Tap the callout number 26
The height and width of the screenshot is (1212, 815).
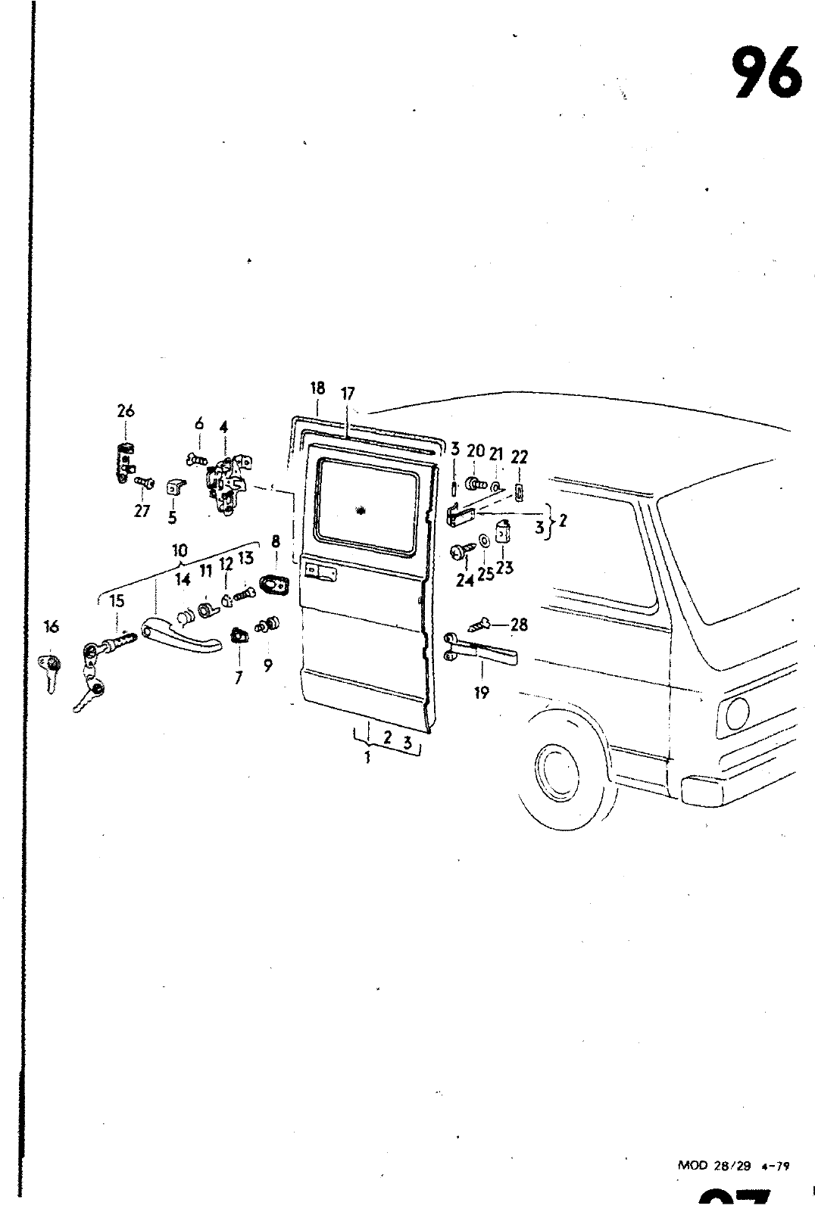point(125,411)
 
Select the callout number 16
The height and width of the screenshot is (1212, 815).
point(52,626)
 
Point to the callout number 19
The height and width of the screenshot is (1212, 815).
point(482,691)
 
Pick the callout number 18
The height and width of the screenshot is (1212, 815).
point(317,388)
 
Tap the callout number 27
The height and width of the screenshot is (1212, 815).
point(142,511)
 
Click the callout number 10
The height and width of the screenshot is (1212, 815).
point(180,550)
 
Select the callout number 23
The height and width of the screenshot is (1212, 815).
point(505,565)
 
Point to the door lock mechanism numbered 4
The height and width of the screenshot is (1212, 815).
point(226,485)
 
